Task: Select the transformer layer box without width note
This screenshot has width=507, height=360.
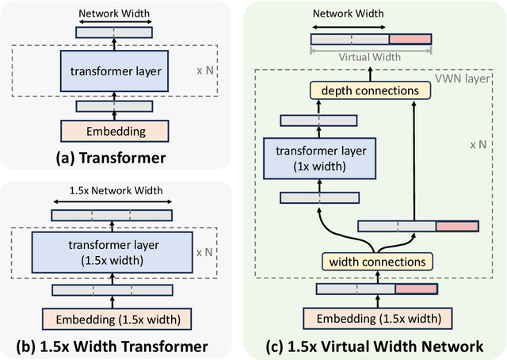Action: (x=114, y=72)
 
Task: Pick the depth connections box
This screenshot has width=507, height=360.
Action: (x=375, y=90)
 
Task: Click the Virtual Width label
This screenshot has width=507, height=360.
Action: (x=371, y=58)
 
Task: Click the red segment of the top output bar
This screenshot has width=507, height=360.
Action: (x=410, y=38)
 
